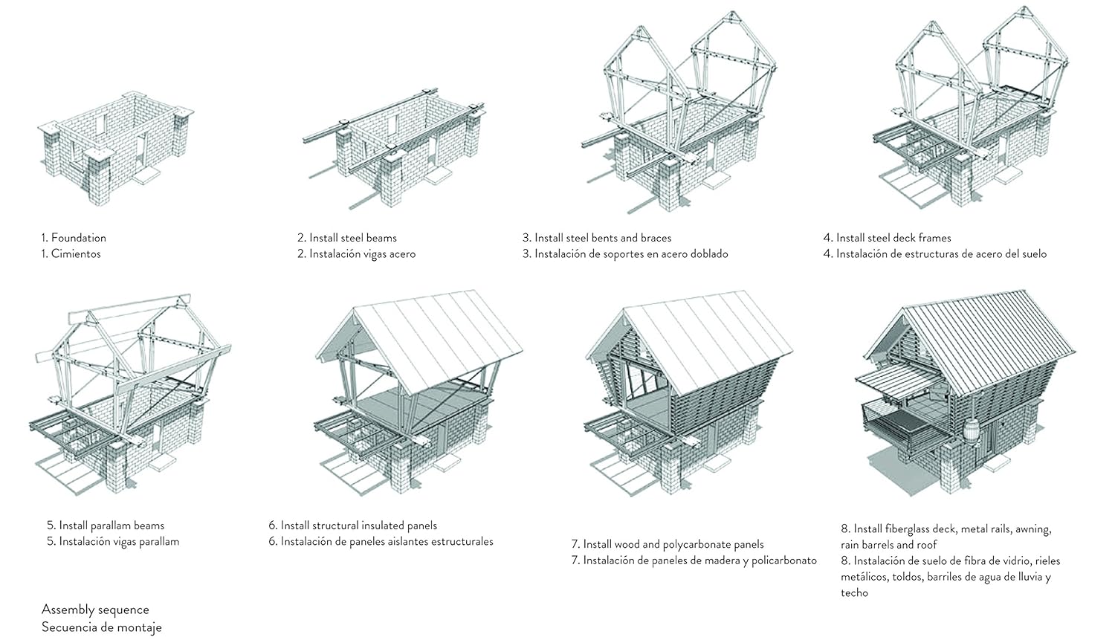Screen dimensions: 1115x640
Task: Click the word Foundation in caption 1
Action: (x=79, y=238)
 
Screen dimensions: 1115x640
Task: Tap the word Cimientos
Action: (x=76, y=253)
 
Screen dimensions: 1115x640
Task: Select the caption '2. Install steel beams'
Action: (x=347, y=238)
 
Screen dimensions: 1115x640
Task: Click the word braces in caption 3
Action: (x=653, y=238)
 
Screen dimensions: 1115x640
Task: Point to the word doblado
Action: (x=709, y=253)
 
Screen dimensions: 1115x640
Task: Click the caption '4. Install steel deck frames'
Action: (x=887, y=238)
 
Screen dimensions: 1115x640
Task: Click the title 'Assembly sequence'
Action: (x=95, y=610)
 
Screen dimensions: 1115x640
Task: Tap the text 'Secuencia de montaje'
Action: (x=102, y=627)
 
